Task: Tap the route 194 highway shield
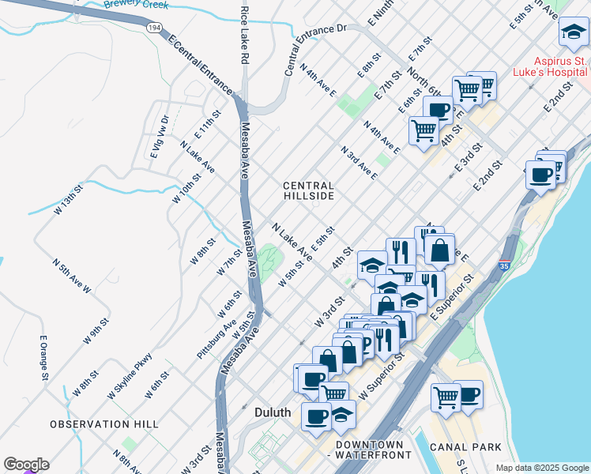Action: (156, 28)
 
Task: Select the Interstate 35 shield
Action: (505, 265)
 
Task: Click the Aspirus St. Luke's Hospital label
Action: (548, 67)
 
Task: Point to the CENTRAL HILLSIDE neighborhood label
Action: (309, 190)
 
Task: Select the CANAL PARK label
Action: (465, 447)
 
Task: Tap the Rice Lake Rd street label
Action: (245, 36)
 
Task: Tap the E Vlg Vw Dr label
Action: (160, 137)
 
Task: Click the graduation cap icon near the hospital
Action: (572, 32)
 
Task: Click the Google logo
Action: (26, 465)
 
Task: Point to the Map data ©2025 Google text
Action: (542, 468)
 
